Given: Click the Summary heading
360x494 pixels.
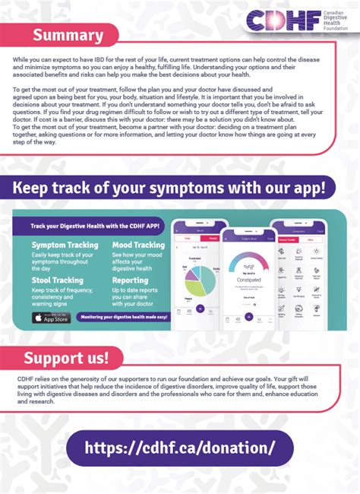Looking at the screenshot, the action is click(x=68, y=35).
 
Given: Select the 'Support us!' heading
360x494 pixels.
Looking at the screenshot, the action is click(x=66, y=356).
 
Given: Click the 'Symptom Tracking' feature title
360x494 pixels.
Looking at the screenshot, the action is click(x=65, y=245).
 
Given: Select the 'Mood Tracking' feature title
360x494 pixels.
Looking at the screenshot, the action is click(x=138, y=245).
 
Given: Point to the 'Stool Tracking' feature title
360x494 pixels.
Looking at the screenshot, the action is click(x=58, y=280).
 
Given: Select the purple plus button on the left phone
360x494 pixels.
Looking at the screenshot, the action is click(x=200, y=309).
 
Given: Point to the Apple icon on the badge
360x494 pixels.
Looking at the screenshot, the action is click(x=39, y=317).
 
